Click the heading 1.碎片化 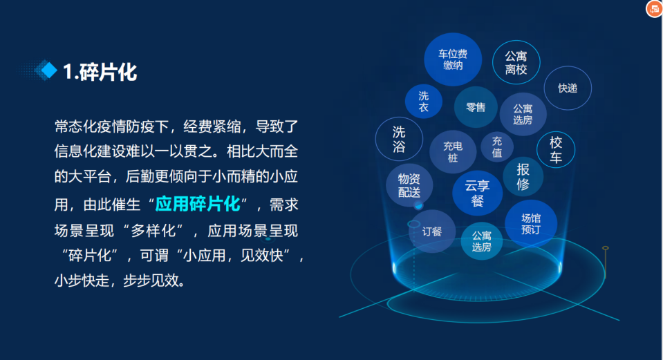tap(100, 72)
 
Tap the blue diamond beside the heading tap(48, 70)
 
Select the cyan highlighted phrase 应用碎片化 tap(198, 204)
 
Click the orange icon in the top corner tap(654, 8)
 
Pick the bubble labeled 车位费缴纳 tap(453, 59)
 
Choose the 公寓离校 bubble tap(516, 63)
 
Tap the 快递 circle tap(568, 88)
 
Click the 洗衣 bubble tap(424, 102)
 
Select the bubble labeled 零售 tap(476, 107)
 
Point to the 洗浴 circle tap(399, 139)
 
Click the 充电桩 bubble tap(453, 152)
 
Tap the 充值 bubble tap(497, 146)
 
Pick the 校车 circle tap(556, 149)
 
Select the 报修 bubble tap(523, 177)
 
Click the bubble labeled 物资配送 tap(409, 185)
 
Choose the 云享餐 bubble tap(478, 193)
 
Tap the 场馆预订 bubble tap(531, 224)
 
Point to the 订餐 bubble tap(431, 231)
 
